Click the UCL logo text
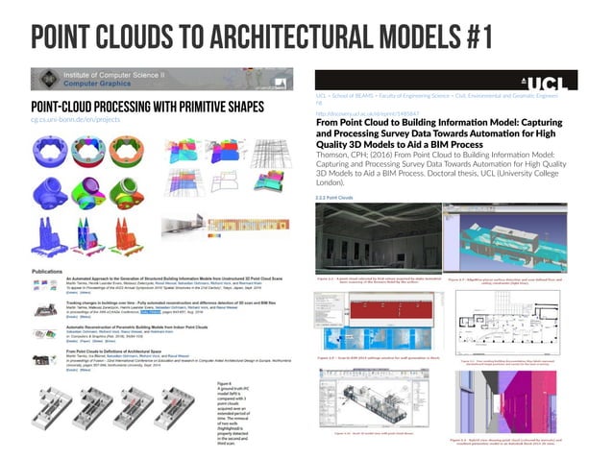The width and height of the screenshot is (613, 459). (x=563, y=80)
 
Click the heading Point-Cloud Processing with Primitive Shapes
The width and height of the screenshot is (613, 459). (x=132, y=106)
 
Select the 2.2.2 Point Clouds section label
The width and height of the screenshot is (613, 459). (x=335, y=199)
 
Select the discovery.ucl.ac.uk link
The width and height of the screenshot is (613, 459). (x=366, y=112)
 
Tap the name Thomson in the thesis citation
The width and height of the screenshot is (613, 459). (x=331, y=155)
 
